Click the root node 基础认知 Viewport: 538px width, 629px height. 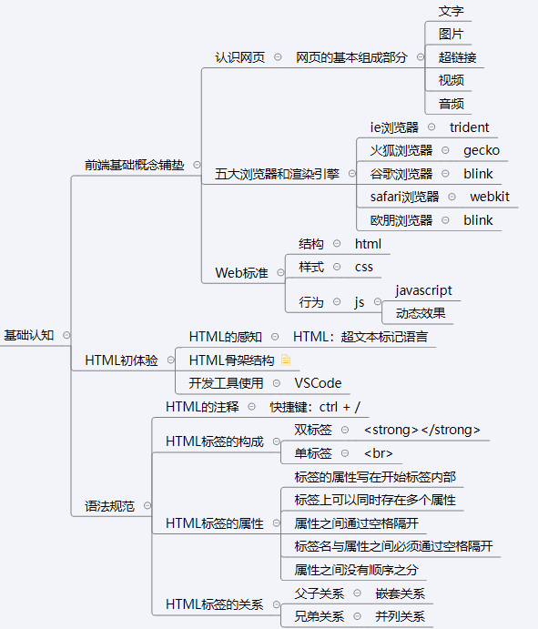pos(29,335)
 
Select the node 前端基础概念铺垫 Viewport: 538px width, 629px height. pos(135,165)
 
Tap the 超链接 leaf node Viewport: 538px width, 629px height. pos(457,57)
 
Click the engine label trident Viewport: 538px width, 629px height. pos(469,127)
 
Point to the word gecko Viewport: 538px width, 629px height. pos(482,150)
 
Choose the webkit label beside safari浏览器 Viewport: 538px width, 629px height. pos(490,197)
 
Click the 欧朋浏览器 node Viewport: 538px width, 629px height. pos(401,220)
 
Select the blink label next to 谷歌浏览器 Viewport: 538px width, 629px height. pos(478,174)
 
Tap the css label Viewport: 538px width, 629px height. pos(364,267)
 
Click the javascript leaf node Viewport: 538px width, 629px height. pos(423,290)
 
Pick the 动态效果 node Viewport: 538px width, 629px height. pos(421,313)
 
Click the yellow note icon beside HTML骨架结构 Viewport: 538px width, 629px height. pos(286,360)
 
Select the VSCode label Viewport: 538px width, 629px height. pos(318,383)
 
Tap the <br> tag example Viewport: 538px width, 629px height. pos(378,453)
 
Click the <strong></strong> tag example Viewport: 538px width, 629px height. pos(421,430)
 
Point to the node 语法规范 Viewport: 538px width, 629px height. pos(109,506)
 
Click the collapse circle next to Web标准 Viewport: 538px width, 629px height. pos(281,273)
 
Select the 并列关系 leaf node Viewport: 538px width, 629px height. pos(400,616)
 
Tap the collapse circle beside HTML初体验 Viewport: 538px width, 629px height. pos(171,360)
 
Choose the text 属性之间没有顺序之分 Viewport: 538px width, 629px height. pos(356,570)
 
